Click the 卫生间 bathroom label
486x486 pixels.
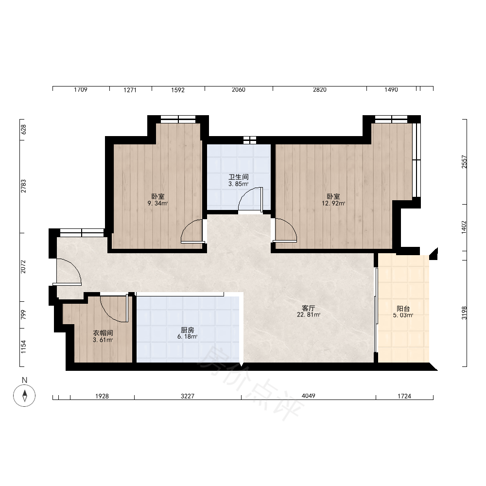pyautogui.click(x=238, y=177)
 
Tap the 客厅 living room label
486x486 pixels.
pyautogui.click(x=309, y=308)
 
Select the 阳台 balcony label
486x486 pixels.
pyautogui.click(x=403, y=309)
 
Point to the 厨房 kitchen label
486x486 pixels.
pyautogui.click(x=188, y=330)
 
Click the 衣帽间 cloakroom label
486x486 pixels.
pyautogui.click(x=103, y=333)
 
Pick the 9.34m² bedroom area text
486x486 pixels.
pyautogui.click(x=158, y=203)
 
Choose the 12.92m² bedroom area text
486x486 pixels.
pyautogui.click(x=333, y=203)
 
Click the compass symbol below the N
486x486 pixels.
pyautogui.click(x=24, y=395)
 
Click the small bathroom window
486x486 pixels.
pyautogui.click(x=250, y=140)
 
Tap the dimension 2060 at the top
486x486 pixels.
pyautogui.click(x=238, y=89)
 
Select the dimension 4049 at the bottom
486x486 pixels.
pyautogui.click(x=309, y=396)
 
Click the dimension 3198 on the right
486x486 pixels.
pyautogui.click(x=464, y=313)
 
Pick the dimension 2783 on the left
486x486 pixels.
pyautogui.click(x=23, y=186)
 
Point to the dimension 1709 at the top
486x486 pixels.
pyautogui.click(x=81, y=89)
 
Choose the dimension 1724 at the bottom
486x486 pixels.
pyautogui.click(x=404, y=396)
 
